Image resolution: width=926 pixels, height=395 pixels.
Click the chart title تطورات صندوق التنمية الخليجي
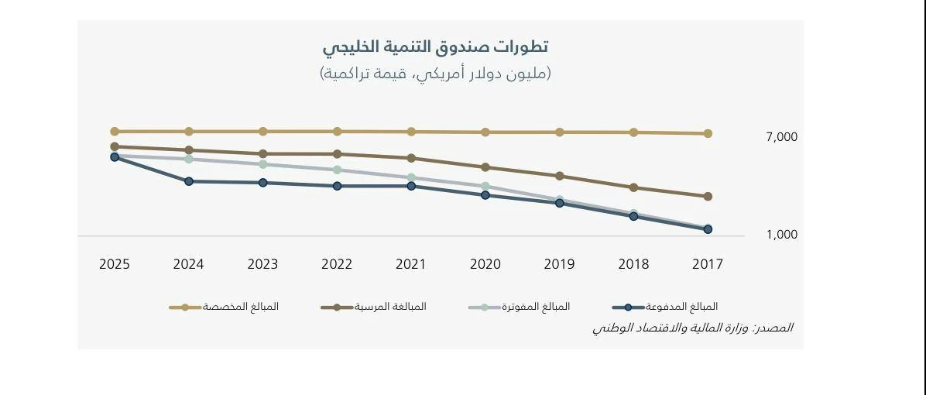435,47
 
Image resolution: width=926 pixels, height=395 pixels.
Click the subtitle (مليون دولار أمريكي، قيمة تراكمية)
435,74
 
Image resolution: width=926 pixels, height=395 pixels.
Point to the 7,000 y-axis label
781,137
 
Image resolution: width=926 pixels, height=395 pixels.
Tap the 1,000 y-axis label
781,235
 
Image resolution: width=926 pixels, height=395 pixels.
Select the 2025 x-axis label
115,264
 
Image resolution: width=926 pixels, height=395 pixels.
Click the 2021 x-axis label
411,264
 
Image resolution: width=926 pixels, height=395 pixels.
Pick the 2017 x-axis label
708,264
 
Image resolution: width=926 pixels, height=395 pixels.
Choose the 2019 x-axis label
559,264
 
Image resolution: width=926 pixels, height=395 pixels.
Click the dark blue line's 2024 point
189,181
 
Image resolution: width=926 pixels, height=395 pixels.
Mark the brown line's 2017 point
708,197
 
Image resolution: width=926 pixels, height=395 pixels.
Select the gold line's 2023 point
263,132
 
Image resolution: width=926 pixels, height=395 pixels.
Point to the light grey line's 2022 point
337,170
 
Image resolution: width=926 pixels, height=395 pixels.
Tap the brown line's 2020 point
485,167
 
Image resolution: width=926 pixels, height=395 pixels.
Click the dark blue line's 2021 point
411,186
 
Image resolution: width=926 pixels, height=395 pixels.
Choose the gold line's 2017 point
708,133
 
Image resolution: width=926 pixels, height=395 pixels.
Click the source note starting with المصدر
692,328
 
